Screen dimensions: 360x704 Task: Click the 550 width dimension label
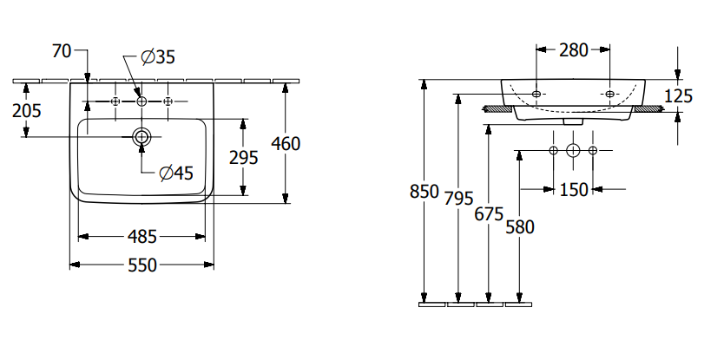coord(142,266)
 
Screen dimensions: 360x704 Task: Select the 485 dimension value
coord(142,236)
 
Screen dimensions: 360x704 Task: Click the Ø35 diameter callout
coord(158,57)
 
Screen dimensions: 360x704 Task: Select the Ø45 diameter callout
coord(175,173)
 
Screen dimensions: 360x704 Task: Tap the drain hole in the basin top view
coord(142,137)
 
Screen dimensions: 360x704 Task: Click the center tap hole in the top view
coord(142,101)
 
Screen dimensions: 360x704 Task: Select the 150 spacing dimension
coord(573,189)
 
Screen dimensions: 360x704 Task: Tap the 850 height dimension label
coord(424,192)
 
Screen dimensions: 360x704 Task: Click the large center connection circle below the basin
coord(573,151)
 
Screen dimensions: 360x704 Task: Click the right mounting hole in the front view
coord(609,93)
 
